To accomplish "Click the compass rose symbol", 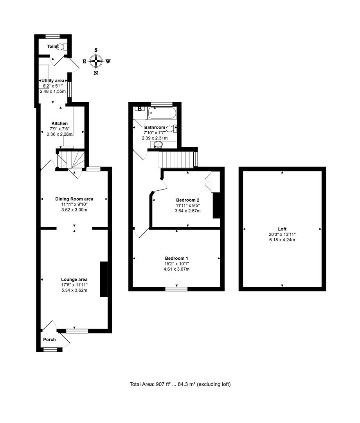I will tap(96, 61).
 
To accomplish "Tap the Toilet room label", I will tap(53, 47).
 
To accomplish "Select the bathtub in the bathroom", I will tap(162, 113).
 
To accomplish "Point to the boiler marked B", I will tap(139, 109).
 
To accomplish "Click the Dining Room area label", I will tap(74, 199).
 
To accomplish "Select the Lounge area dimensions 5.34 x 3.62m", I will tap(74, 290).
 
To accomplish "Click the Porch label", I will tap(49, 340).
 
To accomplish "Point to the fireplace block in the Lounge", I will tap(104, 279).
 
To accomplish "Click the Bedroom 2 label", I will tap(187, 200).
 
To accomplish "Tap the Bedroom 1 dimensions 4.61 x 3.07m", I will tap(176, 269).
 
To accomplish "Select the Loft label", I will tap(282, 229).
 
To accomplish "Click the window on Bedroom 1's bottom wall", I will tap(176, 289).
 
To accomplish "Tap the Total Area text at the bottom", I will tap(180, 384).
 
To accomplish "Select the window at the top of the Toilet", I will tap(52, 36).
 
